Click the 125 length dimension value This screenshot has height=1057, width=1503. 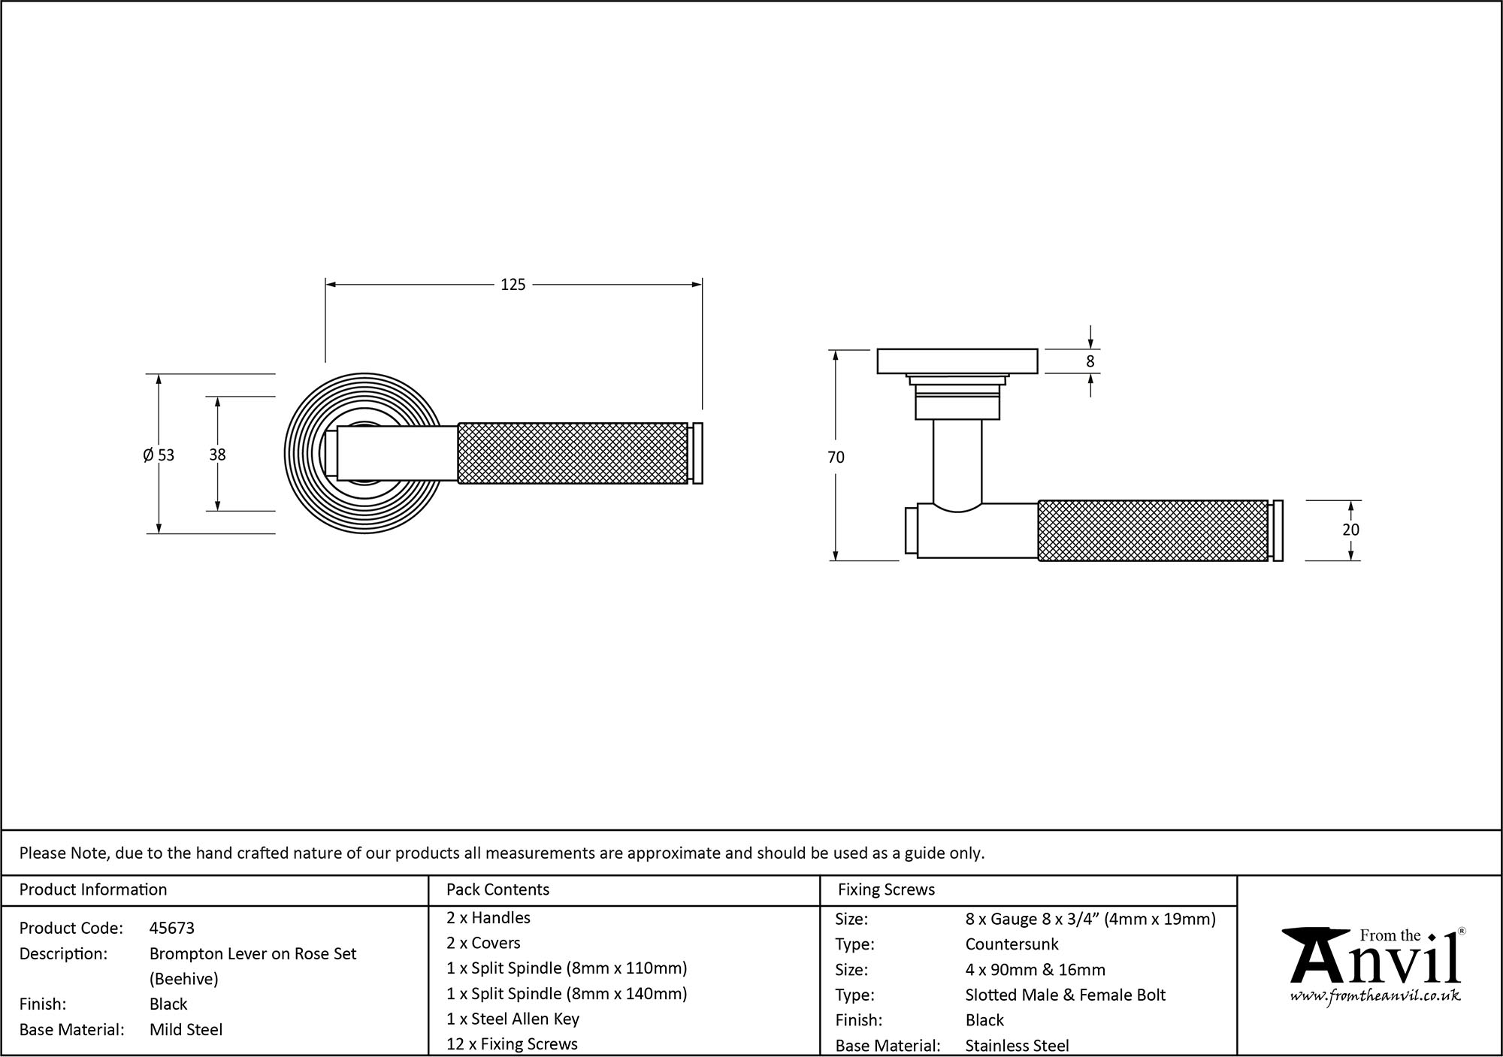tap(513, 285)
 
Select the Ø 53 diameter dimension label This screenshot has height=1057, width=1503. tap(159, 455)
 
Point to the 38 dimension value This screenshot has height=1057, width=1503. tap(217, 455)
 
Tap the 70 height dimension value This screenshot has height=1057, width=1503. tap(836, 457)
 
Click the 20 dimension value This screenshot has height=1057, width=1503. tap(1350, 530)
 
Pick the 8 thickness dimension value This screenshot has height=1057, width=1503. tap(1090, 361)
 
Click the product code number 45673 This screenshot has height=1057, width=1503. tap(172, 928)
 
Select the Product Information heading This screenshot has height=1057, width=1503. tap(93, 889)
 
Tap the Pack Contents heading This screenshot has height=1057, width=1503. tap(497, 889)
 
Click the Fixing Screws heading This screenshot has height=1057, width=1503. tap(887, 889)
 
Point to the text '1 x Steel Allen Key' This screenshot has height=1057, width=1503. tap(513, 1019)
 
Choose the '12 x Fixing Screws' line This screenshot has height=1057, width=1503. tap(512, 1044)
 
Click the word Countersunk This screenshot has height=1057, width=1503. tap(1012, 944)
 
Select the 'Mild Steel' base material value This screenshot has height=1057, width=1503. tap(186, 1029)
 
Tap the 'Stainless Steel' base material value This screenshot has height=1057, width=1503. tap(1017, 1045)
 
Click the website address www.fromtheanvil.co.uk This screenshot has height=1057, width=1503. tap(1375, 996)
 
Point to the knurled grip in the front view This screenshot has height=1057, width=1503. tap(573, 454)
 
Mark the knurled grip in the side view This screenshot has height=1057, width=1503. tap(1153, 530)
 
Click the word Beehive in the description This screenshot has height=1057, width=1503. tap(184, 979)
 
